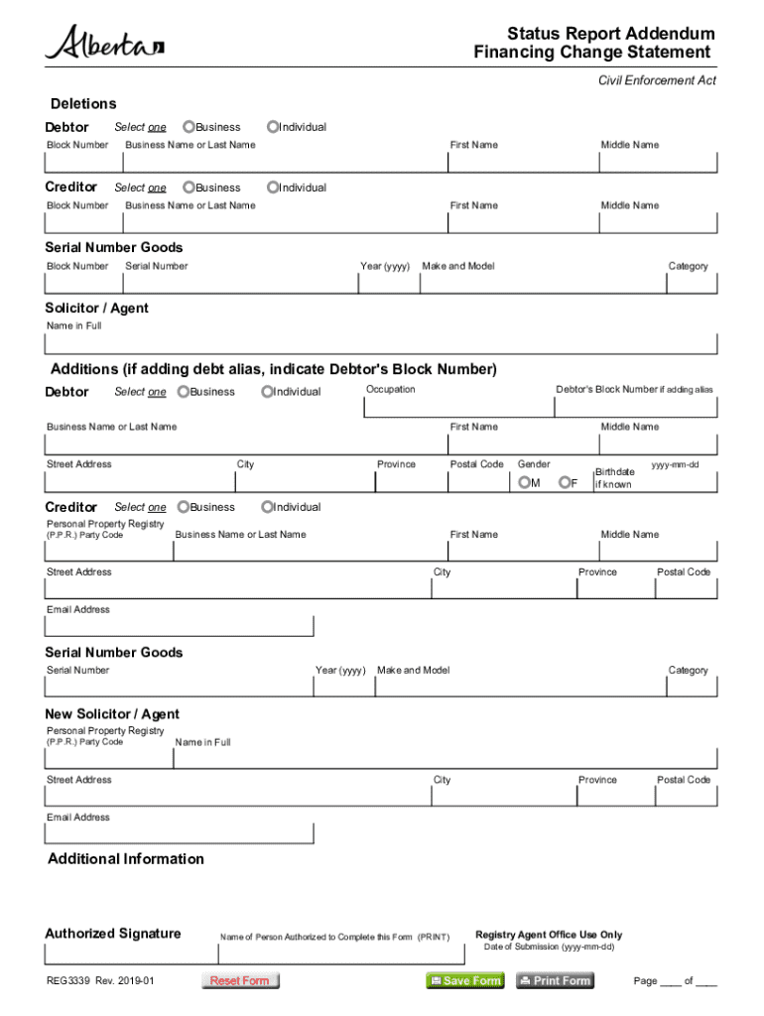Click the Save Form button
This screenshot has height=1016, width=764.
465,980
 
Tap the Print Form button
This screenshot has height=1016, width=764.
555,980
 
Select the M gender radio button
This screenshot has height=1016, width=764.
523,483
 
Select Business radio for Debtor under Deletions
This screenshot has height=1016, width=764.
189,127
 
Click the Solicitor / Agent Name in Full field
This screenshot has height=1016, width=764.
380,344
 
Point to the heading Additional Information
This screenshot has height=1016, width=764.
126,859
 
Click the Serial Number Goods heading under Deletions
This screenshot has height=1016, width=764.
114,247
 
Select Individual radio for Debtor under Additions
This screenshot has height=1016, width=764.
267,392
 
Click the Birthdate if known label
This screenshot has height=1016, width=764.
614,478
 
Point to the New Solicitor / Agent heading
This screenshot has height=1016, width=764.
112,714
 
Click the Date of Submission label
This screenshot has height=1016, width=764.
549,947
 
